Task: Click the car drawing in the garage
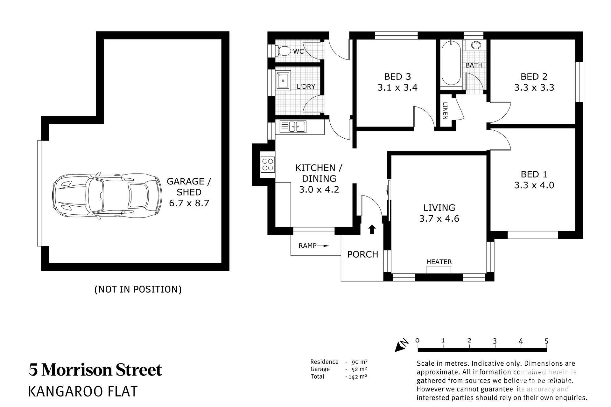(x=107, y=196)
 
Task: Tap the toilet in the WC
(x=283, y=51)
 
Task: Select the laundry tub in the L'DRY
(x=283, y=80)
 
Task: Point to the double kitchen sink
(x=293, y=127)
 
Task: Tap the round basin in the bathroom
(x=476, y=45)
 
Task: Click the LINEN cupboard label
(x=445, y=111)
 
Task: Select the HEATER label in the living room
(x=439, y=262)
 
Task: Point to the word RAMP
(x=307, y=245)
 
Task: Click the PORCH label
(x=362, y=254)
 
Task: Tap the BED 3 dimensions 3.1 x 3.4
(x=397, y=87)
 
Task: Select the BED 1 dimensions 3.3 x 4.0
(x=534, y=185)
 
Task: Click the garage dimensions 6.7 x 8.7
(x=189, y=203)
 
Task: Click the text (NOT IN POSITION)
(x=138, y=289)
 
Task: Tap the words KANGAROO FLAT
(x=83, y=392)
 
